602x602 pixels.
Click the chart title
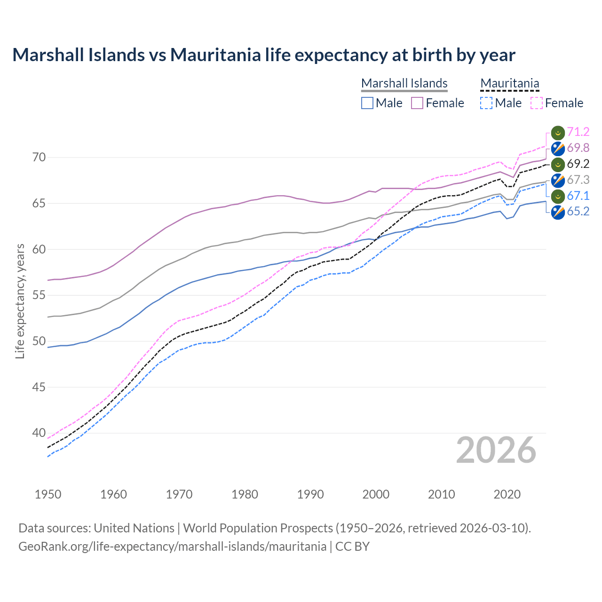pyautogui.click(x=264, y=55)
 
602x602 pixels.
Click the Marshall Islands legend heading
pyautogui.click(x=404, y=83)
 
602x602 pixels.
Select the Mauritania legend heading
pyautogui.click(x=509, y=83)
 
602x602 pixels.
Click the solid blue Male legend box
pyautogui.click(x=367, y=103)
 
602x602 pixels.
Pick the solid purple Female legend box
pyautogui.click(x=417, y=103)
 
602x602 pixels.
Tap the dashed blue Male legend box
pyautogui.click(x=486, y=103)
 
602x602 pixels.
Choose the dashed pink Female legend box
pyautogui.click(x=537, y=103)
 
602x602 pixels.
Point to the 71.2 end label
pyautogui.click(x=578, y=132)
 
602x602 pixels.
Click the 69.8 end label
pyautogui.click(x=578, y=148)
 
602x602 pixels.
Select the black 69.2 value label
pyautogui.click(x=578, y=164)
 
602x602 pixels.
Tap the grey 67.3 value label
pyautogui.click(x=578, y=180)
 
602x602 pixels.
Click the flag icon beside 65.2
pyautogui.click(x=558, y=212)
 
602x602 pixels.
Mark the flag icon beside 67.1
pyautogui.click(x=558, y=196)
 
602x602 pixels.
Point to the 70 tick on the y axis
pyautogui.click(x=39, y=158)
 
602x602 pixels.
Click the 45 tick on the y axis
pyautogui.click(x=39, y=388)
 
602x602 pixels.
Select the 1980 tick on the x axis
pyautogui.click(x=245, y=494)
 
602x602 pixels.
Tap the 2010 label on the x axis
pyautogui.click(x=441, y=494)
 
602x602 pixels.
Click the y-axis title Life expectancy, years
pyautogui.click(x=20, y=301)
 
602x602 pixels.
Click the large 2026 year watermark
pyautogui.click(x=496, y=451)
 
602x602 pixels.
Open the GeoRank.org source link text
pyautogui.click(x=172, y=547)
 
